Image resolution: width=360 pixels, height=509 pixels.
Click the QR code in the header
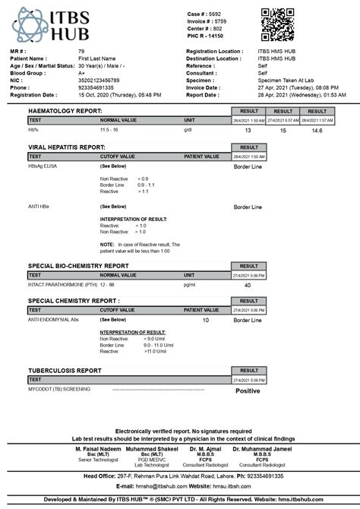coord(277,25)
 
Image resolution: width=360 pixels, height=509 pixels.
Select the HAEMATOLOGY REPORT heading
coord(65,111)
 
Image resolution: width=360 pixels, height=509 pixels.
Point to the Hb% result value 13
coord(248,131)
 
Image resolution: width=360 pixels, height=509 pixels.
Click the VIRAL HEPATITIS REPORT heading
coord(66,147)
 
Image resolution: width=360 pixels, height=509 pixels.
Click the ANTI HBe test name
coord(41,206)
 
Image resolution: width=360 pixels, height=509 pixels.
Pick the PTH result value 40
coord(248,285)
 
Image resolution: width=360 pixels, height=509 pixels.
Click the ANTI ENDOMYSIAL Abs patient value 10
coord(205,320)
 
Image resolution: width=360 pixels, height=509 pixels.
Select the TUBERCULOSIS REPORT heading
coord(65,371)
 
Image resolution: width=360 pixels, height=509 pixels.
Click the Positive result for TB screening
coord(248,390)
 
